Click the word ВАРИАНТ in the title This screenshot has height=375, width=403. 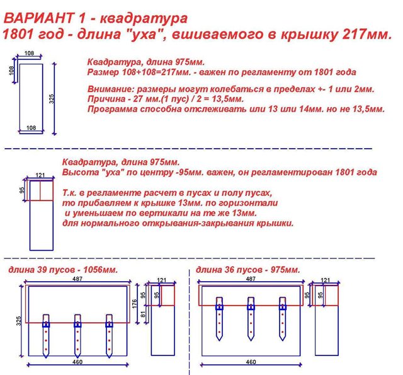click(x=38, y=18)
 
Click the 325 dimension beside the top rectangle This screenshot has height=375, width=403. click(x=52, y=99)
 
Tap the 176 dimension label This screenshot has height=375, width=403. click(x=134, y=304)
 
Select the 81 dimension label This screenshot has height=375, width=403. click(x=144, y=314)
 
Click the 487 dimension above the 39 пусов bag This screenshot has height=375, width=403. click(x=77, y=279)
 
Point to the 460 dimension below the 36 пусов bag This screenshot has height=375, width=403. click(x=251, y=362)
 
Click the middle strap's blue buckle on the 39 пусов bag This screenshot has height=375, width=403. click(x=77, y=325)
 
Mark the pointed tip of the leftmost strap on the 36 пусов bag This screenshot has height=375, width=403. click(x=219, y=340)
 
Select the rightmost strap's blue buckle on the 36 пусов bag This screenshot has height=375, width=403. click(x=283, y=307)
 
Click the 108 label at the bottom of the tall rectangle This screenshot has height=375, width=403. click(x=31, y=127)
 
